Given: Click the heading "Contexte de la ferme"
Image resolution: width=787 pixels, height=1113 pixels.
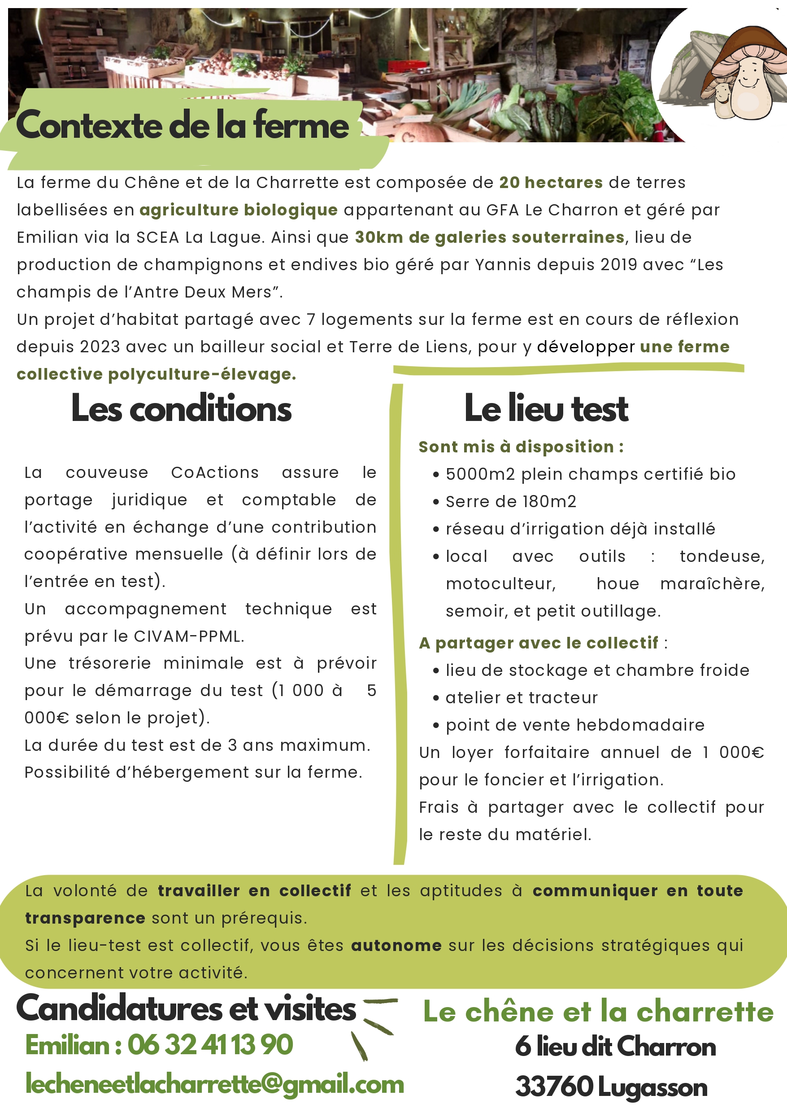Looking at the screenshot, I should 182,125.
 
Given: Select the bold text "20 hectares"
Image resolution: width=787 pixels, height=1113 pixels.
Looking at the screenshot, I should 551,183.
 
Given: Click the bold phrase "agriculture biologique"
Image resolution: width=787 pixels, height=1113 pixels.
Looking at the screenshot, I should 239,210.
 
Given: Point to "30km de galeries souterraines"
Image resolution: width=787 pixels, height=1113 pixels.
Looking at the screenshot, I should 489,237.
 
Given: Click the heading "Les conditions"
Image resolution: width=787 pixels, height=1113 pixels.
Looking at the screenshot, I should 181,409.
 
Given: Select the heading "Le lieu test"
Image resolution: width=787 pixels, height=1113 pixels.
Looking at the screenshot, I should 546,408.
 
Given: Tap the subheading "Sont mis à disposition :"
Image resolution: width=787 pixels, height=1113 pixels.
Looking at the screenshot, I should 521,447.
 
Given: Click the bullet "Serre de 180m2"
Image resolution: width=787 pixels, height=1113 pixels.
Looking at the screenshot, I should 511,501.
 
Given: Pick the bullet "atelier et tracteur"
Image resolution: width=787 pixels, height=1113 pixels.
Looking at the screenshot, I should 522,697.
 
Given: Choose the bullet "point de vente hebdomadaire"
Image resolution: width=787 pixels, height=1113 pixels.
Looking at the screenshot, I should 575,725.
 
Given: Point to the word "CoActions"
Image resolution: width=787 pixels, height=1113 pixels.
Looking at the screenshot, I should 215,473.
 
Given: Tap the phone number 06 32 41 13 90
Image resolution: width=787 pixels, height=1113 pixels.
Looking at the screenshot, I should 210,1045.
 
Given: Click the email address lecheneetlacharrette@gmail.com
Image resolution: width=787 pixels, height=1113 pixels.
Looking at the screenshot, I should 215,1083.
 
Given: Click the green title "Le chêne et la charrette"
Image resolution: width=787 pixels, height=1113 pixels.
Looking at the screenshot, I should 598,1012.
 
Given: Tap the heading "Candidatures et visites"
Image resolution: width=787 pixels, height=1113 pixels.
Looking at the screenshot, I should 186,1009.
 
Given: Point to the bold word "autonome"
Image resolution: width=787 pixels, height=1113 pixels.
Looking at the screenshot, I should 396,946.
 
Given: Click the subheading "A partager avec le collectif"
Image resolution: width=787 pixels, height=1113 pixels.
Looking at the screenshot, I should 539,643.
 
